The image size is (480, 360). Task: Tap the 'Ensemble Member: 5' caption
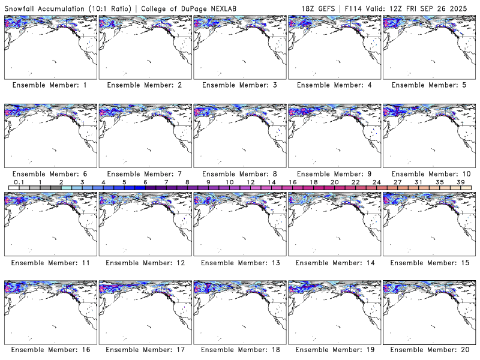coord(428,85)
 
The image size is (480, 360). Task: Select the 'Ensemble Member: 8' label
coord(239,174)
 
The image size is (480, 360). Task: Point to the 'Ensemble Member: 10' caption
coord(428,174)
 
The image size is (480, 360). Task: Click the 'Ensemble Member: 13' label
coord(239,263)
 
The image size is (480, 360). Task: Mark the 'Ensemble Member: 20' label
coord(428,349)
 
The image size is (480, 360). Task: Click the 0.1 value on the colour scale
coord(19,182)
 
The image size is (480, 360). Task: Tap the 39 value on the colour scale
coord(460,182)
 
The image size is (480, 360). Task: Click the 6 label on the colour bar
coord(145,182)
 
